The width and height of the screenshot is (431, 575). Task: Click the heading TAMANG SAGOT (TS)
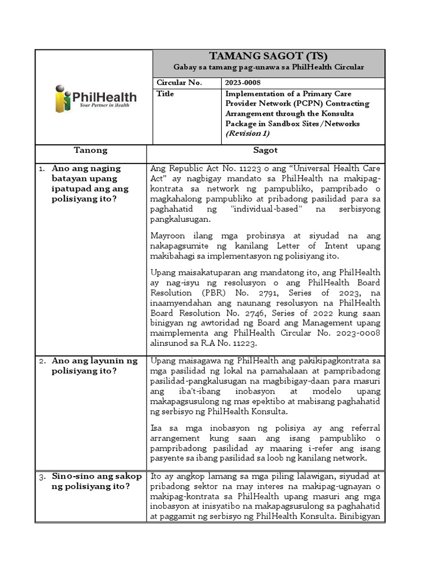pos(268,56)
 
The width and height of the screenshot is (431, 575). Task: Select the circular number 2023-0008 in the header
pos(243,83)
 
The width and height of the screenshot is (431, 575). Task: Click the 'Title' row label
pos(166,94)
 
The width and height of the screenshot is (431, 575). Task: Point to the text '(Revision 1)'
pos(247,134)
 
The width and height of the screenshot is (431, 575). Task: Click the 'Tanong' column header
pos(90,150)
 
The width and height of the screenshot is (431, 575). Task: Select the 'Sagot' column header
pos(265,150)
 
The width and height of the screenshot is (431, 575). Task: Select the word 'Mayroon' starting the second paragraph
pos(168,236)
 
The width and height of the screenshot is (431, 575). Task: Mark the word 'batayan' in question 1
pos(67,179)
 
